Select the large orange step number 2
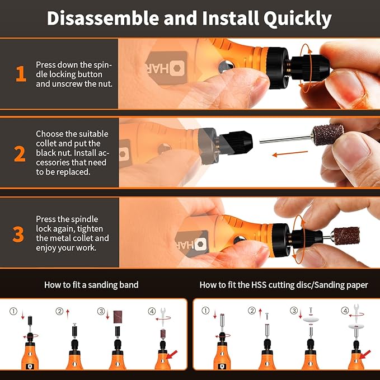[20, 153]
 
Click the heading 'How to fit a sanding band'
[91, 285]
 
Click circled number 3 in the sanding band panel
[101, 311]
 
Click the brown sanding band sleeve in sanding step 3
[118, 316]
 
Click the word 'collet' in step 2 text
[46, 144]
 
